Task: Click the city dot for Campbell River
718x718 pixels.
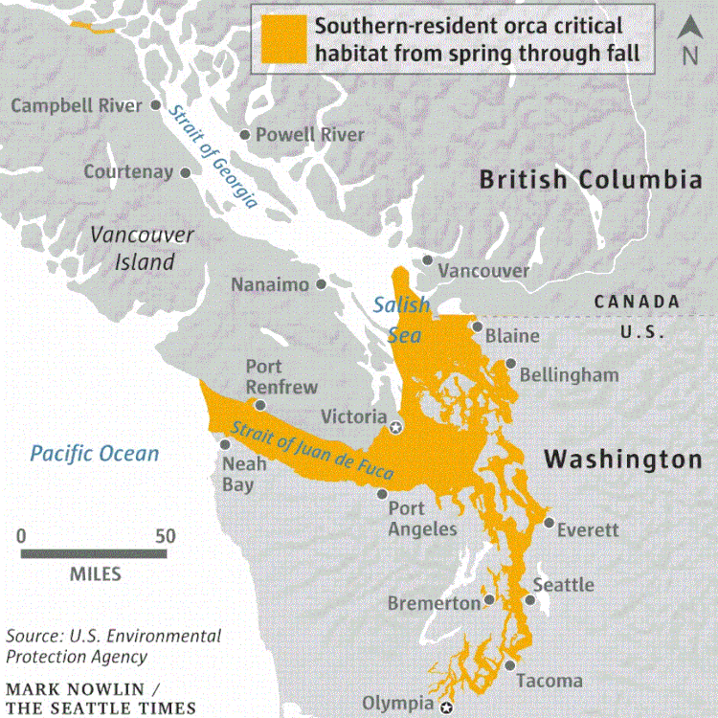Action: [x=155, y=105]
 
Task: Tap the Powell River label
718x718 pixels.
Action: [x=309, y=135]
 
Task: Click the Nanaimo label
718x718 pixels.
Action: [x=270, y=284]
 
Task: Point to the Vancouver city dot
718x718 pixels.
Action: [x=427, y=259]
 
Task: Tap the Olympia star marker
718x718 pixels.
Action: [x=446, y=707]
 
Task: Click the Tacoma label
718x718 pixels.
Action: [x=549, y=681]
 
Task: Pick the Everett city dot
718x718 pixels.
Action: [x=548, y=523]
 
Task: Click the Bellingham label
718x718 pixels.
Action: [x=569, y=374]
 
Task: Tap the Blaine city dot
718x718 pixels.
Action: [x=476, y=327]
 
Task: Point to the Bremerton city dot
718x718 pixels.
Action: [x=489, y=599]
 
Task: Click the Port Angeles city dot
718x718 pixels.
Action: [x=382, y=495]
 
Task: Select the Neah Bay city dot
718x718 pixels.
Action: [x=226, y=444]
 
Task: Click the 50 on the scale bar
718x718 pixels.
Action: [x=166, y=536]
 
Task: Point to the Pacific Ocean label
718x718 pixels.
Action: [x=94, y=452]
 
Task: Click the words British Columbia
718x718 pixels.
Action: [x=591, y=179]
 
